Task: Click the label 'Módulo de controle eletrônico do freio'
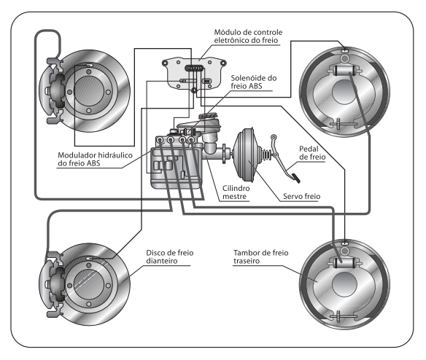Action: click(248, 36)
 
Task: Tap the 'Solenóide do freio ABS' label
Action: click(253, 82)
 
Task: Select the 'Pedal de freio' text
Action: click(312, 153)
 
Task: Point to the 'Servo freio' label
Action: click(301, 196)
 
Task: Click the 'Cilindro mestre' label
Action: click(236, 192)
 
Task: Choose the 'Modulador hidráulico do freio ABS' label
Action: click(95, 159)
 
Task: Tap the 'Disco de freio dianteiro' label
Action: click(170, 257)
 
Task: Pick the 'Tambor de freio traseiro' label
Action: click(261, 257)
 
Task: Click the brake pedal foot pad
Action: click(295, 178)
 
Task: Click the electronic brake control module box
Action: click(194, 73)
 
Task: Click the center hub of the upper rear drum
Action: click(344, 92)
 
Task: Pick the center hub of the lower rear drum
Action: click(344, 284)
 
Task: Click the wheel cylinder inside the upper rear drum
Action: click(344, 71)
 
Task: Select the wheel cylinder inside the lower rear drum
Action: click(344, 262)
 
